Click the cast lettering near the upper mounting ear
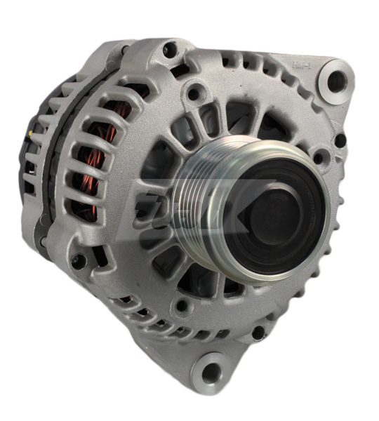click(300, 67)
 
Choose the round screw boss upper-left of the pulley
click(194, 91)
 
